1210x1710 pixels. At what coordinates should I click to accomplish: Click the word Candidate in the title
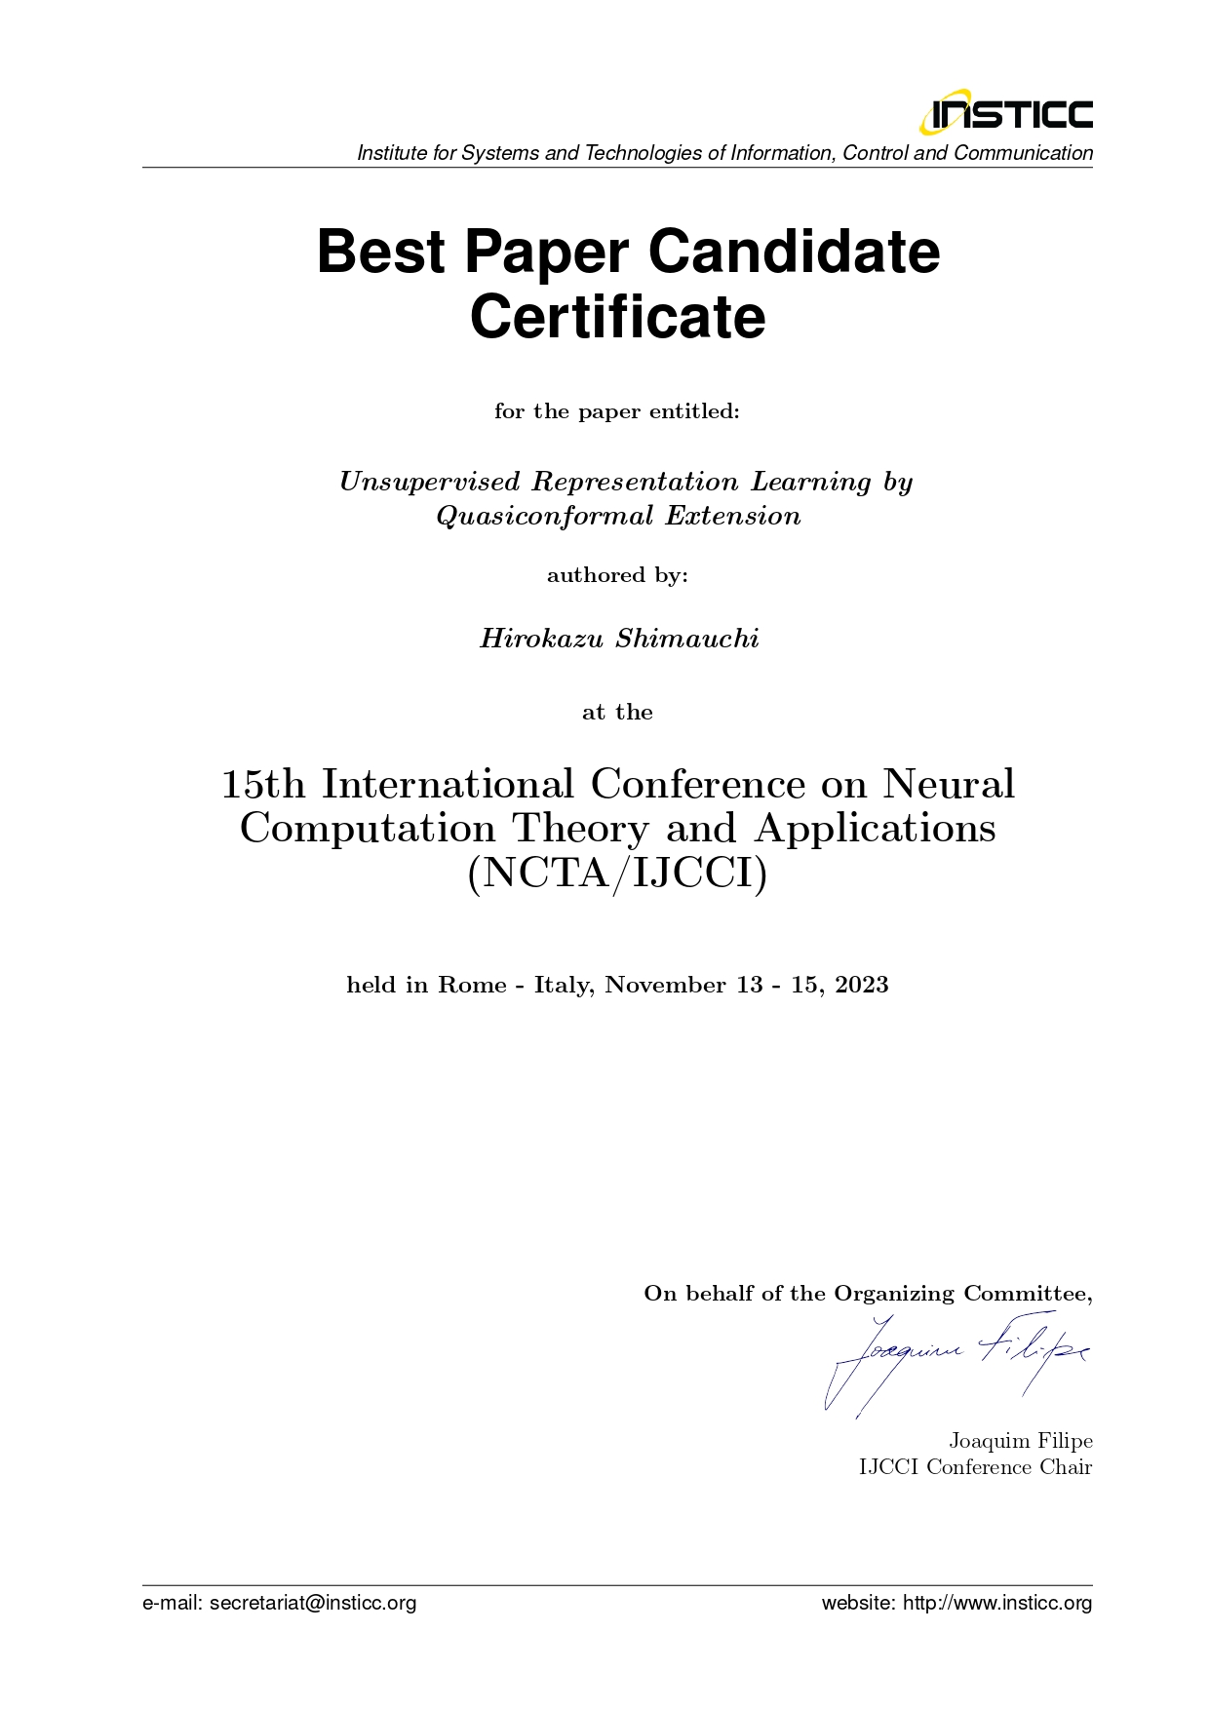click(794, 252)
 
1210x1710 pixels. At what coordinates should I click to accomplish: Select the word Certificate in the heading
click(618, 317)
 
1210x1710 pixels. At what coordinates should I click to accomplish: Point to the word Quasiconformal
click(545, 516)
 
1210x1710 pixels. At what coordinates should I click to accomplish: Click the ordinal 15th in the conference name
click(262, 784)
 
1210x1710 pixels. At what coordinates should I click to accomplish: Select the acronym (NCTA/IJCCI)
click(618, 873)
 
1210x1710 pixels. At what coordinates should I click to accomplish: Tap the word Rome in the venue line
click(471, 985)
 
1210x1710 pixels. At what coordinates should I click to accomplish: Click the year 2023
click(862, 985)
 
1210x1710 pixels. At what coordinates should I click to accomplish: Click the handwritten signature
click(956, 1360)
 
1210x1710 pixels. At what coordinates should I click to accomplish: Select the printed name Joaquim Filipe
click(1020, 1441)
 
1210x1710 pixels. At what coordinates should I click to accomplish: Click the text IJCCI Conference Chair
click(975, 1467)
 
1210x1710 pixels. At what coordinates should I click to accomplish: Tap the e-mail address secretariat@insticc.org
click(312, 1603)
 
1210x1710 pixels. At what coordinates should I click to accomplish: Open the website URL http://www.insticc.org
click(997, 1603)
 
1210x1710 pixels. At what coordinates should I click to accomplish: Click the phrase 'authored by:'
click(617, 575)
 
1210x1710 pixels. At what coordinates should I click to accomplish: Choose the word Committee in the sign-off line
click(1027, 1294)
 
